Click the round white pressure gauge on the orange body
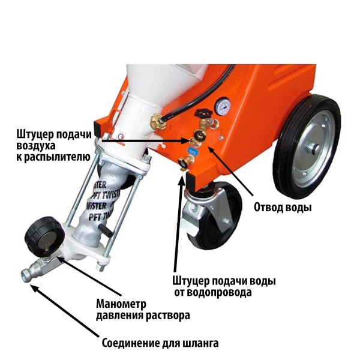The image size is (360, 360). [x=222, y=107]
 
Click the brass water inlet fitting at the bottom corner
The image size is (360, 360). [x=186, y=163]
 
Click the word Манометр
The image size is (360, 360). [x=121, y=304]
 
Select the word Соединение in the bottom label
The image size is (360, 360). [x=131, y=343]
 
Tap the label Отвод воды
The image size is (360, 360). [x=283, y=208]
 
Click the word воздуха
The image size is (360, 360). [x=36, y=146]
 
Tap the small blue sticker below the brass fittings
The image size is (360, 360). [x=191, y=151]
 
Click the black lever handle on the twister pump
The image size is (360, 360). [x=106, y=230]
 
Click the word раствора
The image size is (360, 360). [x=168, y=315]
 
